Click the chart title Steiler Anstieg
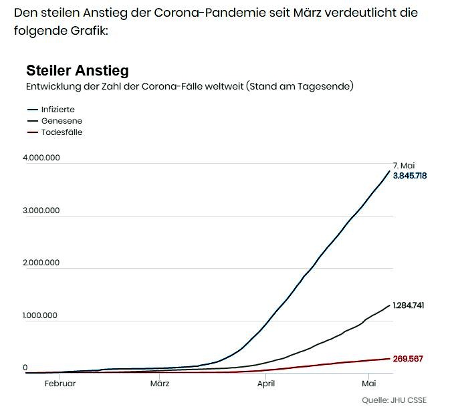(77, 70)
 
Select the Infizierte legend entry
(58, 109)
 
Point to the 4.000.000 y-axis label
(42, 158)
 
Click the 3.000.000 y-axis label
(42, 210)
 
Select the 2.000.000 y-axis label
(42, 263)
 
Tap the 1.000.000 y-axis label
(42, 315)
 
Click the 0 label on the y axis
(25, 368)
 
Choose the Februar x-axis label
(60, 384)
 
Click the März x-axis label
(160, 384)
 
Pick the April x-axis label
(266, 384)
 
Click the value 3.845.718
(410, 176)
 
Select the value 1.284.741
(409, 305)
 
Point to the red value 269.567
(409, 359)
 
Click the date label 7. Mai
(405, 165)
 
